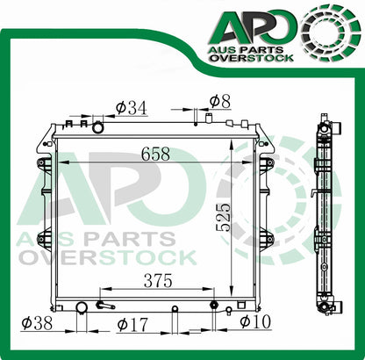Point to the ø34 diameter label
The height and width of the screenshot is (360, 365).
[x=131, y=108]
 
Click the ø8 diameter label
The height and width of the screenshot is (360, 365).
[x=219, y=101]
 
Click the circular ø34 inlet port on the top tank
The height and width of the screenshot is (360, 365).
[x=97, y=128]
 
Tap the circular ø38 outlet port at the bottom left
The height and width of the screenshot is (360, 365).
[x=82, y=307]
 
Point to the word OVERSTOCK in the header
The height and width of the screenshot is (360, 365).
[x=256, y=61]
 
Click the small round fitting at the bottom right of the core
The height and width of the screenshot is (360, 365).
[x=213, y=306]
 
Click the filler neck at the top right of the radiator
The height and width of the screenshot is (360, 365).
[x=209, y=117]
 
